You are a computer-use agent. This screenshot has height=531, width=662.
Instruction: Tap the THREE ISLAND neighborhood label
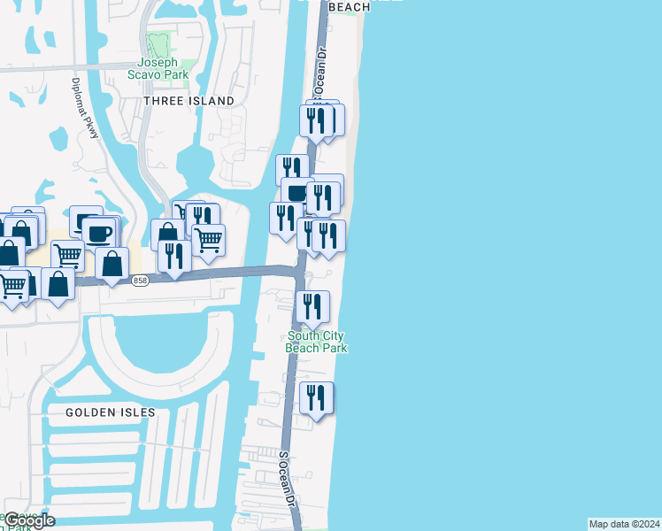point(189,101)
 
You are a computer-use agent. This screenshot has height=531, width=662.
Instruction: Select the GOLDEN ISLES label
point(110,412)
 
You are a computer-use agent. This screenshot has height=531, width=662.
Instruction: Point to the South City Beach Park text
point(316,342)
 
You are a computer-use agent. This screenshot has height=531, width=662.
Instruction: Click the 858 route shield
point(140,281)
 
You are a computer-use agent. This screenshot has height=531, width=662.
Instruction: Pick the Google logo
point(30,520)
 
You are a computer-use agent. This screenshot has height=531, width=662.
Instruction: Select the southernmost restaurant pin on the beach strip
point(316,398)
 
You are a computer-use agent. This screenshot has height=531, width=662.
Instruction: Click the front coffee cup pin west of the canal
point(100,235)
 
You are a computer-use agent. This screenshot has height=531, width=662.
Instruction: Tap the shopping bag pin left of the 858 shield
point(112,263)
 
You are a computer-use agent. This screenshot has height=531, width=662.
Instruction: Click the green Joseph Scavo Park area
point(159,45)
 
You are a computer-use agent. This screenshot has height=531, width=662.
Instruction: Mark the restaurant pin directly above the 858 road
point(174,255)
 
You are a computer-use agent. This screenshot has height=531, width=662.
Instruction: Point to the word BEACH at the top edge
point(349,6)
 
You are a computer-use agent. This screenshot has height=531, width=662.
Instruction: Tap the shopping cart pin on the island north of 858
point(208,239)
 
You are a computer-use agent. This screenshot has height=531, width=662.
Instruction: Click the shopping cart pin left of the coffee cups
point(67,256)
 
